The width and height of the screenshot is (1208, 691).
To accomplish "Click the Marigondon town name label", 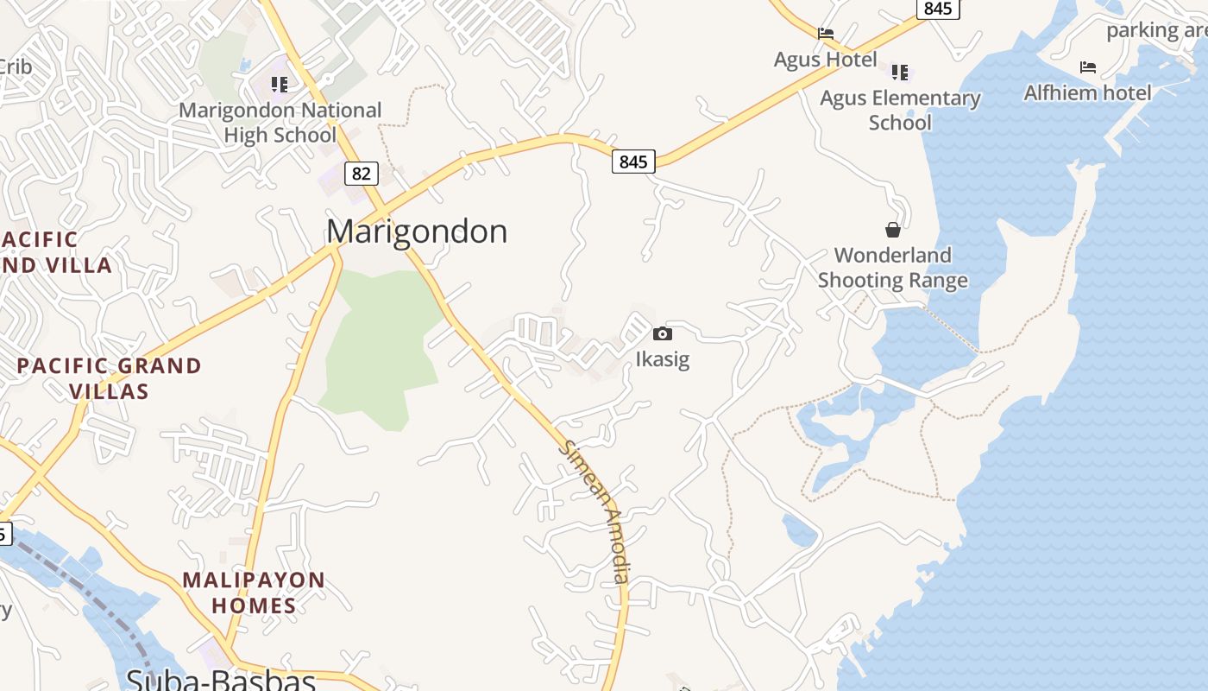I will [417, 231].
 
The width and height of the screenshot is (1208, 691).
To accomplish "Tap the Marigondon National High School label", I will [280, 123].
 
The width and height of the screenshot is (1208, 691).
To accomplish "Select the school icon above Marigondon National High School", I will [279, 85].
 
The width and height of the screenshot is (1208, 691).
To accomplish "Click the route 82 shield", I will [361, 174].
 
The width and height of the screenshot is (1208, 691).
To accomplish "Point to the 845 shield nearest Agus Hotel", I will [937, 9].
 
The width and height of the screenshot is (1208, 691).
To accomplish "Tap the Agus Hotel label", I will [825, 60].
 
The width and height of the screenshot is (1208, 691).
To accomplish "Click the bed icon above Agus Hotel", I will [826, 35].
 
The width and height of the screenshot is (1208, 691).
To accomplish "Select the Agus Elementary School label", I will [900, 110].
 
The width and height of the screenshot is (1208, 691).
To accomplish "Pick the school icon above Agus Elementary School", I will [900, 72].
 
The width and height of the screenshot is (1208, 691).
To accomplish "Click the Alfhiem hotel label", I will [1087, 92].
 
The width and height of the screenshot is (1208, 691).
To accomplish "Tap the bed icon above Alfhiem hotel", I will [1087, 67].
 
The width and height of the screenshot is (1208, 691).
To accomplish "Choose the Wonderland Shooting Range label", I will [893, 268].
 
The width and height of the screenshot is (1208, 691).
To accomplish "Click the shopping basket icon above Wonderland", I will [893, 230].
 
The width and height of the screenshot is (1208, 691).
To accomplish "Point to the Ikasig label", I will [663, 358].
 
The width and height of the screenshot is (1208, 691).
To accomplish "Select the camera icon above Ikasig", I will [663, 334].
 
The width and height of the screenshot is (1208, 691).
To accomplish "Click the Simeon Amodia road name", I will [596, 512].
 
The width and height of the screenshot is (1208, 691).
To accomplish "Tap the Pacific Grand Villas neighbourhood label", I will [110, 378].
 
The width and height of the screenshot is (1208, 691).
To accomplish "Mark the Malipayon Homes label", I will [254, 593].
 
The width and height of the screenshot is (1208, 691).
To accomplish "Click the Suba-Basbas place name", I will [220, 680].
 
